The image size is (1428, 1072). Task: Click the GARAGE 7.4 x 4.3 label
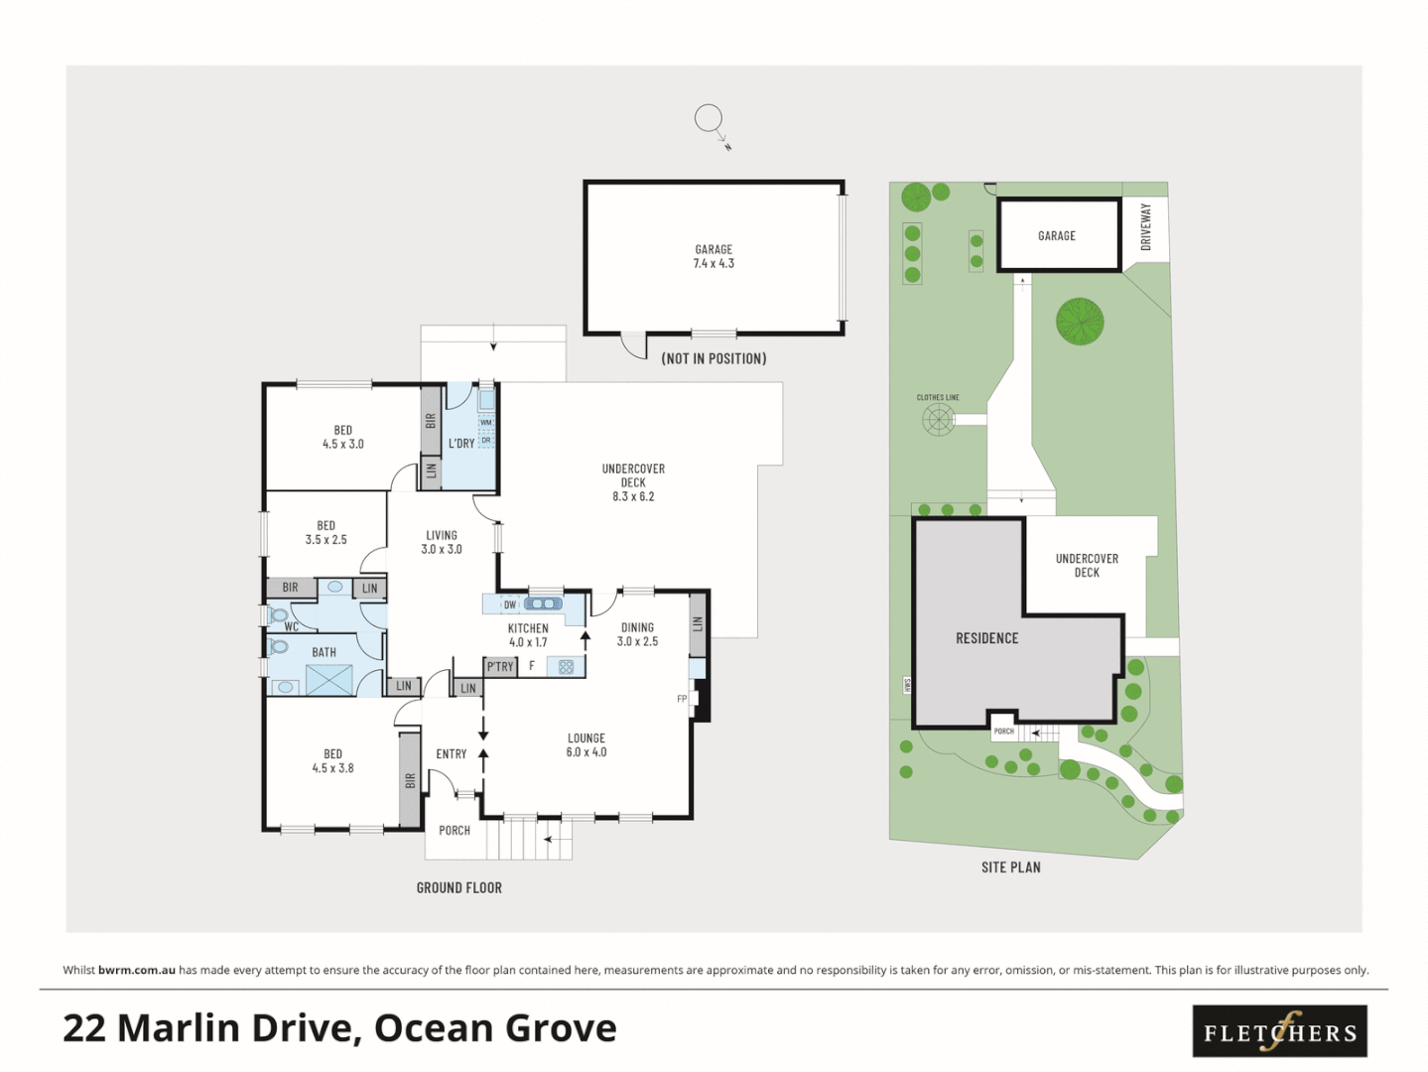(x=714, y=256)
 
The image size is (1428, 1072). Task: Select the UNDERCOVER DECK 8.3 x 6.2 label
(x=633, y=482)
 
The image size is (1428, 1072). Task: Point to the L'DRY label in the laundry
(x=461, y=444)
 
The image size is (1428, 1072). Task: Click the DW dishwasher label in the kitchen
(x=510, y=604)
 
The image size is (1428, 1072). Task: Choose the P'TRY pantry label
(x=500, y=667)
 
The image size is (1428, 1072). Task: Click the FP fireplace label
(x=682, y=699)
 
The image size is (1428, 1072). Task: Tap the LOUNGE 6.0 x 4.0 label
(x=586, y=745)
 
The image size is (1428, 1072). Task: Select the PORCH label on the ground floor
(x=454, y=831)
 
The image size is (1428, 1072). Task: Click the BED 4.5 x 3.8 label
(x=332, y=761)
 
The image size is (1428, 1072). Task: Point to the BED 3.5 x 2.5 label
(x=325, y=533)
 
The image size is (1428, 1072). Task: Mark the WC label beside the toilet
(x=292, y=627)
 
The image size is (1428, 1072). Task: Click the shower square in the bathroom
(x=329, y=680)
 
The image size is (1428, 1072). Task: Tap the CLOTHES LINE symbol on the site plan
(x=938, y=419)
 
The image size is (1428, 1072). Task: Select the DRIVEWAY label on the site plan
(x=1146, y=226)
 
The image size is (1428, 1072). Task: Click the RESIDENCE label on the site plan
(x=986, y=638)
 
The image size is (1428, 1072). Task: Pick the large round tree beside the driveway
(x=1080, y=322)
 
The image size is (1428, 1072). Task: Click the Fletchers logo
(x=1279, y=1031)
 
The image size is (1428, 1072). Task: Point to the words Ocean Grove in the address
(x=495, y=1028)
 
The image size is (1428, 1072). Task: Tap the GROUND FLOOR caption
(x=458, y=888)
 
